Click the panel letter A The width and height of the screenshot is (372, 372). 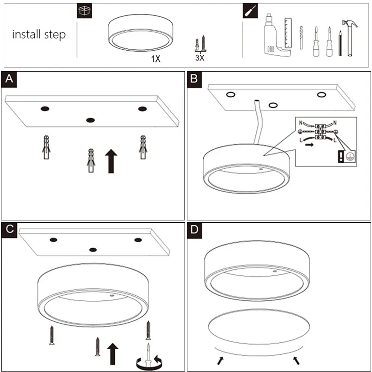pyautogui.click(x=9, y=80)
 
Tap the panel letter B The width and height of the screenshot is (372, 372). pyautogui.click(x=194, y=79)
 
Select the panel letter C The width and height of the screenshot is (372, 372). pyautogui.click(x=9, y=230)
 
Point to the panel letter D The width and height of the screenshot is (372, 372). pyautogui.click(x=194, y=230)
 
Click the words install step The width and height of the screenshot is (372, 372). pyautogui.click(x=39, y=34)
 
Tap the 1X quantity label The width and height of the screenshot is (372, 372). pyautogui.click(x=155, y=59)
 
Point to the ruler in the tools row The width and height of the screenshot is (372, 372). pyautogui.click(x=288, y=33)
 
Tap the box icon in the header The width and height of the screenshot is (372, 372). pyautogui.click(x=84, y=12)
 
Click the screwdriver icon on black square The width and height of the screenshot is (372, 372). pyautogui.click(x=250, y=12)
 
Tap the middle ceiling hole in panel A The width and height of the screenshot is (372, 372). pyautogui.click(x=90, y=120)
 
